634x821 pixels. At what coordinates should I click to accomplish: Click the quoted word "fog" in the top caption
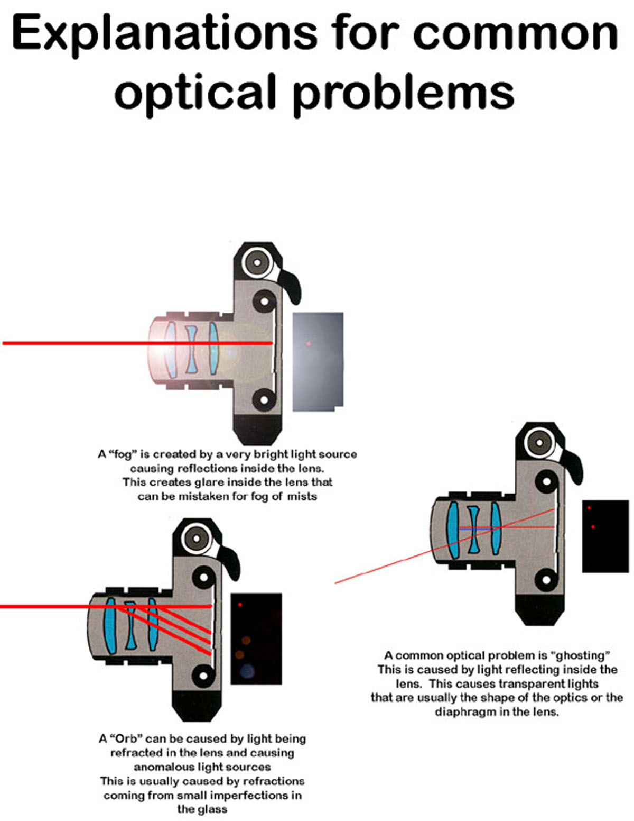coord(122,454)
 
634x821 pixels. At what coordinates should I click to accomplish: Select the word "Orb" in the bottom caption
coord(125,738)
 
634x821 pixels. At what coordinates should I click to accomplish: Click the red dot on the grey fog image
coord(309,344)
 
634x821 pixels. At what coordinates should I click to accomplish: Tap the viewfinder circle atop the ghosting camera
coord(539,441)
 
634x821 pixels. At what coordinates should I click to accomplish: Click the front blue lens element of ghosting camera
coord(452,530)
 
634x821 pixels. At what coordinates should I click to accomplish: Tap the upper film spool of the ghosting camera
coord(546,482)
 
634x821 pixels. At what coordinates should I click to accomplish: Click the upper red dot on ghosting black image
coord(589,508)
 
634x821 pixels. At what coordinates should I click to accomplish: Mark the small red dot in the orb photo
coord(240,604)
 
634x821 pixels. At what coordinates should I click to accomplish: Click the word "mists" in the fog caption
coord(302,496)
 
